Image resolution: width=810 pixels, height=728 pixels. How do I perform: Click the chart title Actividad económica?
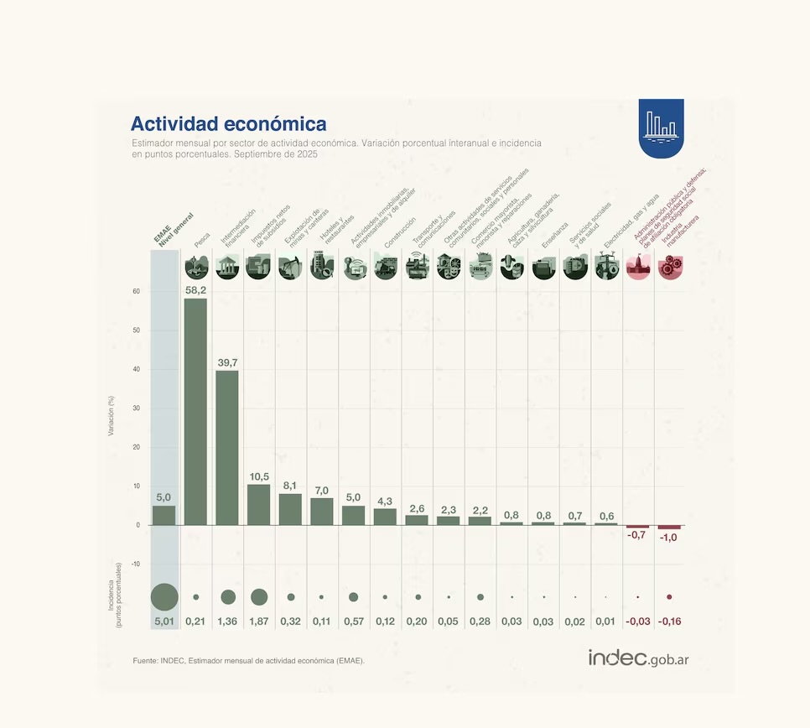[228, 124]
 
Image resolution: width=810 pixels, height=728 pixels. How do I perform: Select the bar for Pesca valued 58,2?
[195, 411]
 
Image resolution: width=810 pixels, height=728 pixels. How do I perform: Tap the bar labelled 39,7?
[227, 447]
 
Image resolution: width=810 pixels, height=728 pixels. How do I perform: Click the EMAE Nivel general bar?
[164, 515]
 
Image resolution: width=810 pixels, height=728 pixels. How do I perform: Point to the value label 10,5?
[259, 476]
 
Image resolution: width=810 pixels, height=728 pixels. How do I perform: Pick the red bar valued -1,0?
[669, 528]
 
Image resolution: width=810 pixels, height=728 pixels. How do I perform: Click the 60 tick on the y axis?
[135, 291]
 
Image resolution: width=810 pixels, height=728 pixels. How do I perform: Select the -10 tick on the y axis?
[135, 564]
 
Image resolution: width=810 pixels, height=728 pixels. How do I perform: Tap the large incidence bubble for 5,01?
[164, 597]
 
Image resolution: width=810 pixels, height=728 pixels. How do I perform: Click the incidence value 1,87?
[259, 621]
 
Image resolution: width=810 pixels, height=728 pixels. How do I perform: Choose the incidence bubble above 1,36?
[228, 597]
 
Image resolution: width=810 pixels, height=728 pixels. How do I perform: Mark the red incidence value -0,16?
[669, 621]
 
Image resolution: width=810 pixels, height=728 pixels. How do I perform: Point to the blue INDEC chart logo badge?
[661, 128]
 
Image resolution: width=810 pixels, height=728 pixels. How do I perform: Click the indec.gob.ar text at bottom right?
[638, 658]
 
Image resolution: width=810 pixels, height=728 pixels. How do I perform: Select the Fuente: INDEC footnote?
[248, 661]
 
